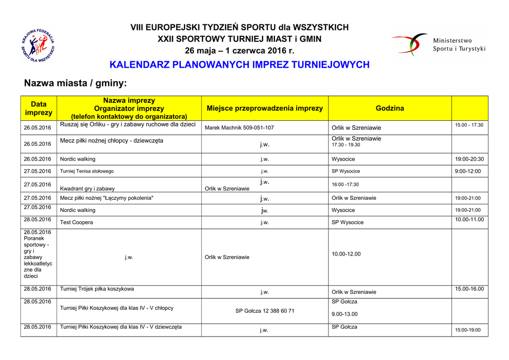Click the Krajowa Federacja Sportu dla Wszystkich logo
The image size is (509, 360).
[x=38, y=45]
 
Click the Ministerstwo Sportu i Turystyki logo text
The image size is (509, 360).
[x=459, y=45]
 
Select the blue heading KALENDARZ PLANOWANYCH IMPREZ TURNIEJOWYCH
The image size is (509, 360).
[x=239, y=65]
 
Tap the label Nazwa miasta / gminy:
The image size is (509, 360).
[x=76, y=83]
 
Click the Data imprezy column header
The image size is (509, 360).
[x=38, y=108]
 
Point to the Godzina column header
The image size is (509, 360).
[x=390, y=108]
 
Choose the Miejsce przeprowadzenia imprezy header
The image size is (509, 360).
[x=264, y=108]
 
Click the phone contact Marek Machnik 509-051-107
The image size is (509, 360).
[x=239, y=128]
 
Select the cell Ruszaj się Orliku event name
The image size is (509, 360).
[x=128, y=124]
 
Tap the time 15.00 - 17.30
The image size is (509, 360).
[x=469, y=125]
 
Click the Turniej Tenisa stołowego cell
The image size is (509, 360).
[x=87, y=171]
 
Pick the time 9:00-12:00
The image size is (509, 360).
[x=468, y=171]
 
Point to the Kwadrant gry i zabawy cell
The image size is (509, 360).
[x=87, y=188]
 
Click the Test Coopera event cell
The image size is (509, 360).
[x=77, y=222]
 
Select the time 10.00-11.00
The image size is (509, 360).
[x=469, y=219]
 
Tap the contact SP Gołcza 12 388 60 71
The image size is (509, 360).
[x=264, y=311]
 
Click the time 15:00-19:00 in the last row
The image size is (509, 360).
[x=468, y=330]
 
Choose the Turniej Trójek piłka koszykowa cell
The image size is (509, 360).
[x=97, y=288]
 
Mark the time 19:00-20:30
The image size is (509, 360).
[x=469, y=159]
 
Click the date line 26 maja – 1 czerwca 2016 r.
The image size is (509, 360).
[x=239, y=51]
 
